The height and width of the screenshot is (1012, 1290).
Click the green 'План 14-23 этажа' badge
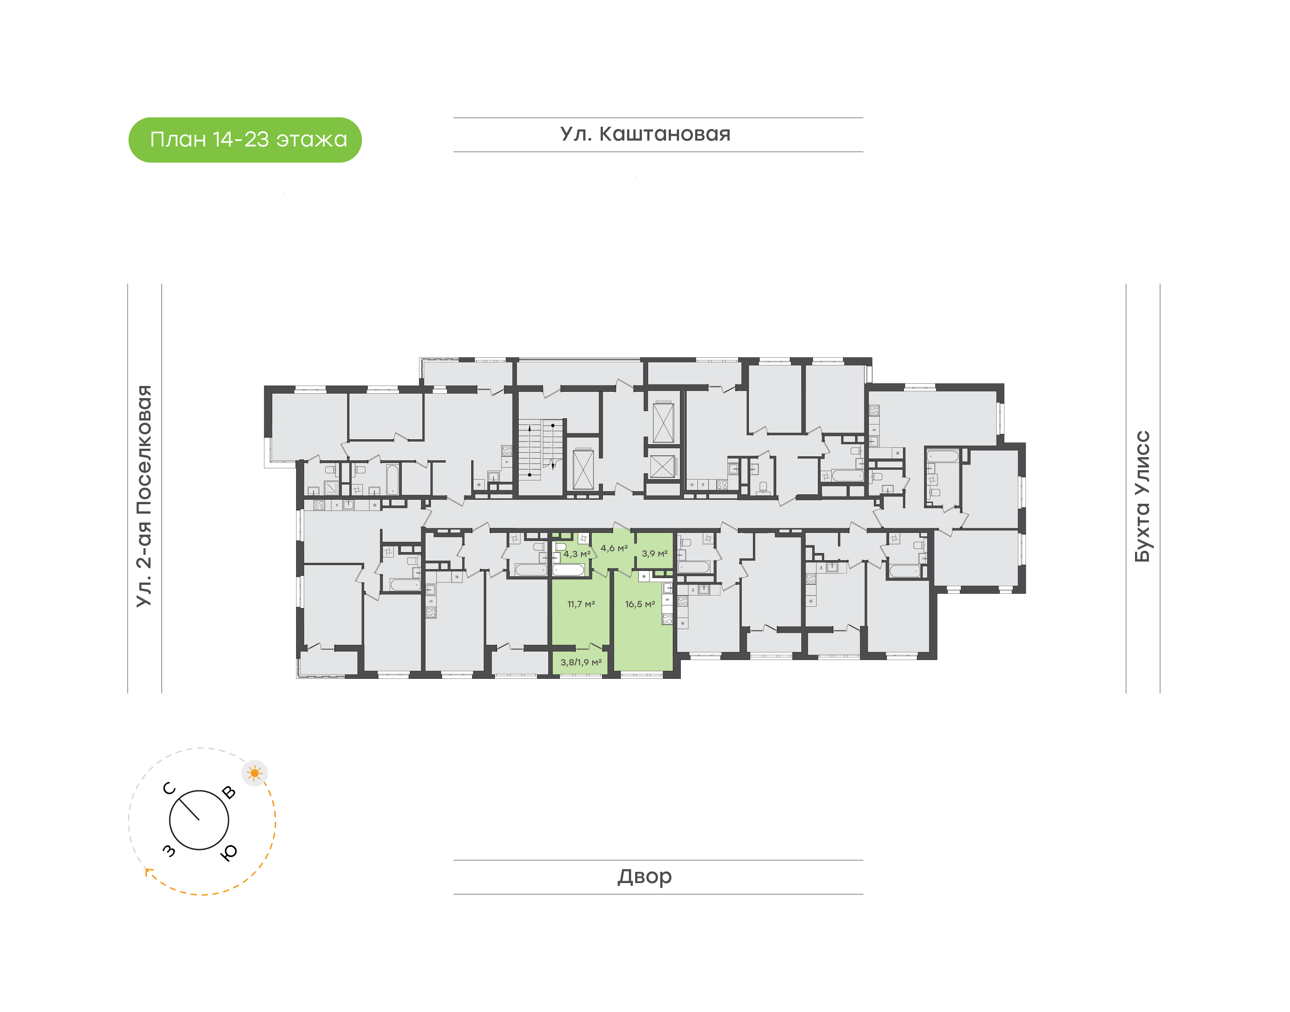(245, 140)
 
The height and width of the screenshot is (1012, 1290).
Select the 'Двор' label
(645, 876)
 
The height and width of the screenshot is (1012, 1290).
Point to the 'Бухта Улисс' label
(1142, 496)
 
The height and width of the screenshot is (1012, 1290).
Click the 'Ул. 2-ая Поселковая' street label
(144, 496)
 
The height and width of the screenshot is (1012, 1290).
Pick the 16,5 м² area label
(640, 605)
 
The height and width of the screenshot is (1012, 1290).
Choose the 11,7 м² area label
(580, 605)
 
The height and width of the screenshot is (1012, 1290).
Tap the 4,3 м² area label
(576, 554)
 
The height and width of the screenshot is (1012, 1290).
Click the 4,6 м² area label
(614, 548)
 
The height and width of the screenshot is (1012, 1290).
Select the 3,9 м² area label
(654, 553)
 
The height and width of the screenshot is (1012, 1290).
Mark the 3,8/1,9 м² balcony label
(580, 662)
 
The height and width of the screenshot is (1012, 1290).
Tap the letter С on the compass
(169, 788)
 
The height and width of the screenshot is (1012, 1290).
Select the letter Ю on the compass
(229, 852)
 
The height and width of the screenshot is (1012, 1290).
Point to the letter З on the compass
(169, 851)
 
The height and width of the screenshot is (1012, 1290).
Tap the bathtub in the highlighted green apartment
(568, 570)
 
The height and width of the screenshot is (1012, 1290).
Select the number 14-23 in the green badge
(241, 139)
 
